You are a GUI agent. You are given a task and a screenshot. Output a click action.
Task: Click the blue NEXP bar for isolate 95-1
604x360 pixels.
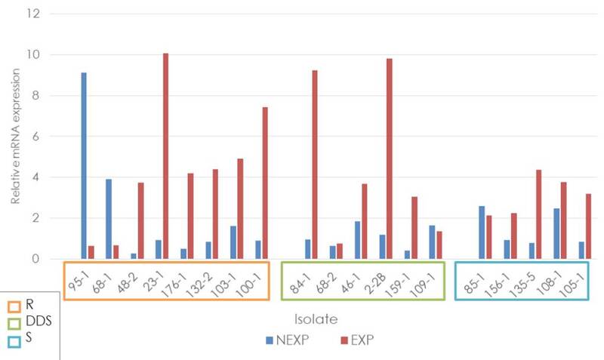point(84,166)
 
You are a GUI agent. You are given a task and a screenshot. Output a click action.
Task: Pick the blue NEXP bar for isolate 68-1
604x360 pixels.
point(109,219)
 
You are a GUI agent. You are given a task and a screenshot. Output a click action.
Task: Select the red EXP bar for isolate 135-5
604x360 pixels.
point(538,214)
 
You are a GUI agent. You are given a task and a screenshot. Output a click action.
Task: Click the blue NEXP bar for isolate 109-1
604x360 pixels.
point(432,242)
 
